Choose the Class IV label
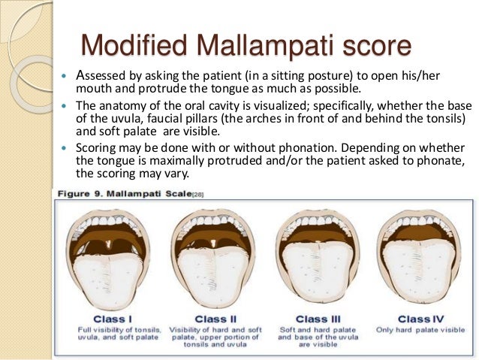(420, 319)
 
